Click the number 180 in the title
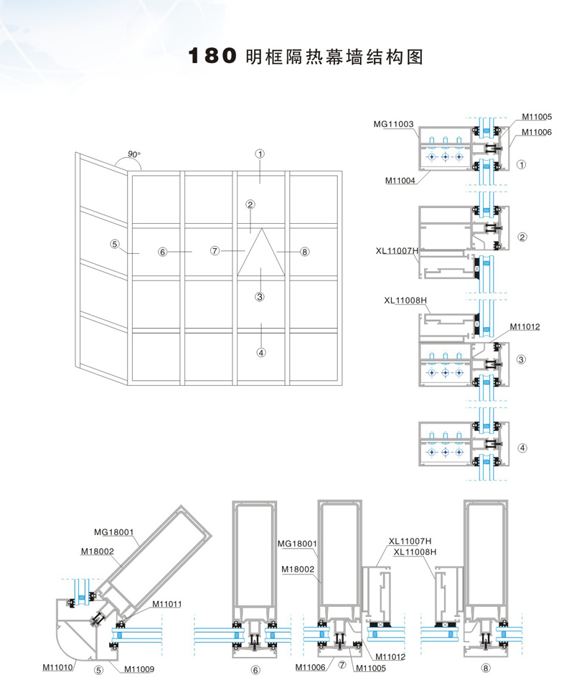click(212, 57)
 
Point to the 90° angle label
click(134, 154)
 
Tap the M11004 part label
click(399, 180)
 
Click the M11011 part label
click(166, 604)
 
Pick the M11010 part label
click(57, 668)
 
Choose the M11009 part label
click(138, 669)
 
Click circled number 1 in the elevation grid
click(260, 153)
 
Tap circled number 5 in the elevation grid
click(114, 243)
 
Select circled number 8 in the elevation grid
click(305, 252)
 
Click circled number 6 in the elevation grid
click(163, 252)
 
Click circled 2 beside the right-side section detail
click(522, 237)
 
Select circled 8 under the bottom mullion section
click(487, 669)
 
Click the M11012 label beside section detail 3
click(524, 327)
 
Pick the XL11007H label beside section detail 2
click(397, 251)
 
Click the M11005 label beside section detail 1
click(537, 116)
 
